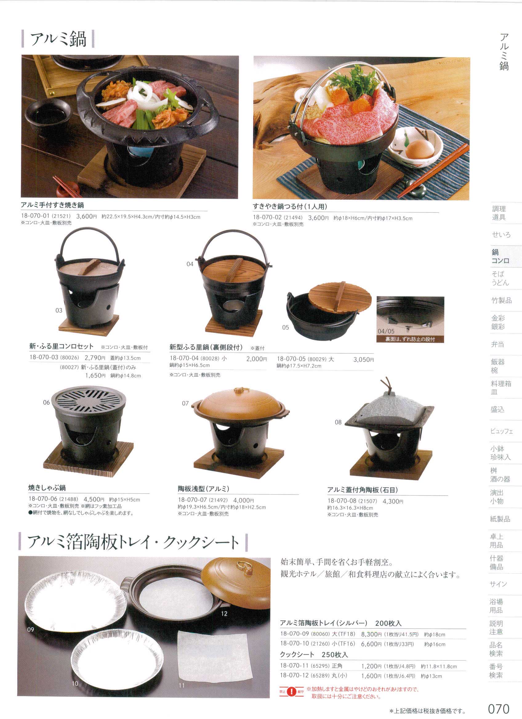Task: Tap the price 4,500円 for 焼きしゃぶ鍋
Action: pos(94,500)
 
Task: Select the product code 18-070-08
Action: pos(342,501)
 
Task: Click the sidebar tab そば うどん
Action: pos(500,278)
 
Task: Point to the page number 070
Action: pos(499,709)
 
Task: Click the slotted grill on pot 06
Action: pos(89,400)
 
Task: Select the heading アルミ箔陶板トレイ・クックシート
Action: pos(133,542)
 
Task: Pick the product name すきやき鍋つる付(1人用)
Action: pos(290,207)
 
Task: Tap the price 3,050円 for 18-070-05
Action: pos(363,359)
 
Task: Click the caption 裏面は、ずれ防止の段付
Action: pos(410,339)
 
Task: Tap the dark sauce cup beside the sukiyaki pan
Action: pos(49,115)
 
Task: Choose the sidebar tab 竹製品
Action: pos(502,300)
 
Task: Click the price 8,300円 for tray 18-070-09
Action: pos(371,634)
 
